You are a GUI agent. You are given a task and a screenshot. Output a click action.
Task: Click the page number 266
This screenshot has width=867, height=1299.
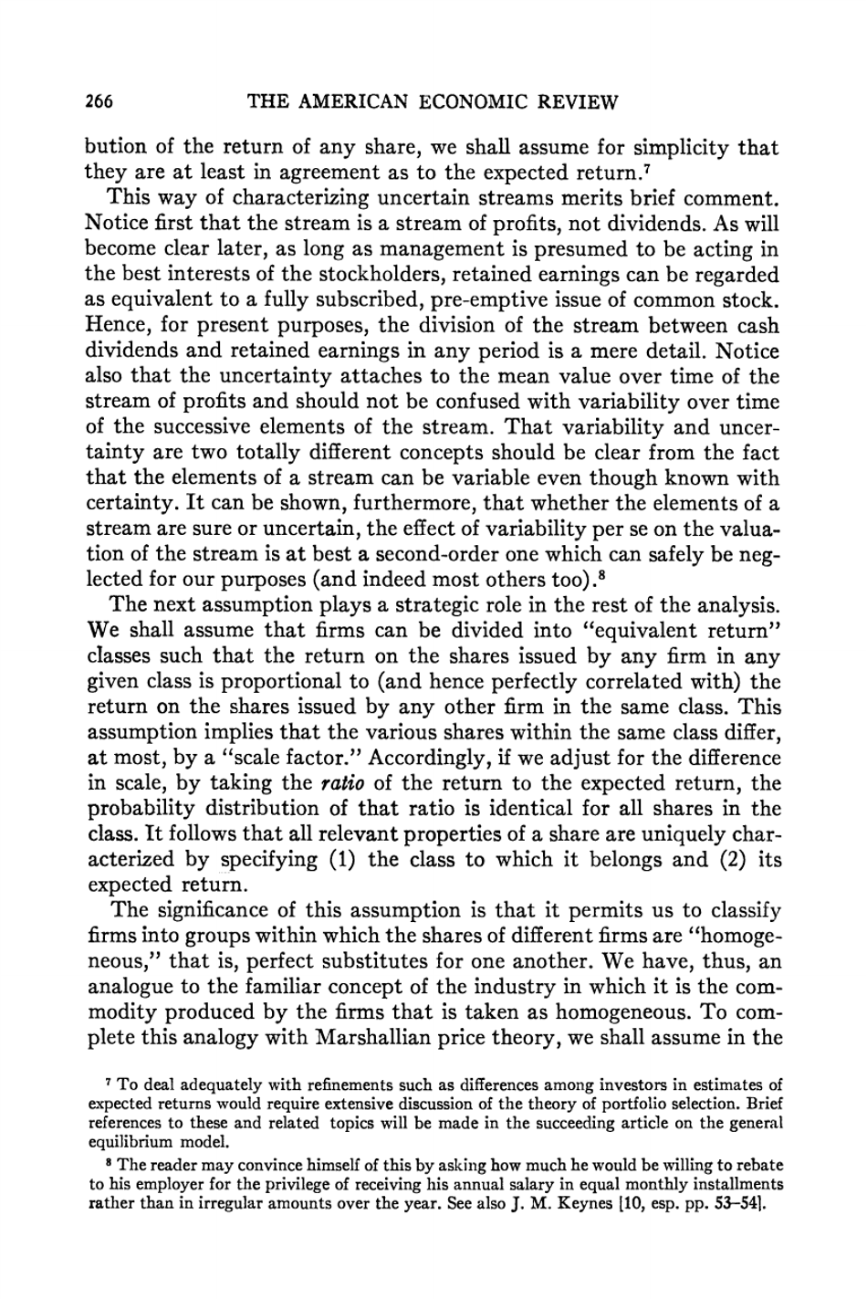tap(98, 101)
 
